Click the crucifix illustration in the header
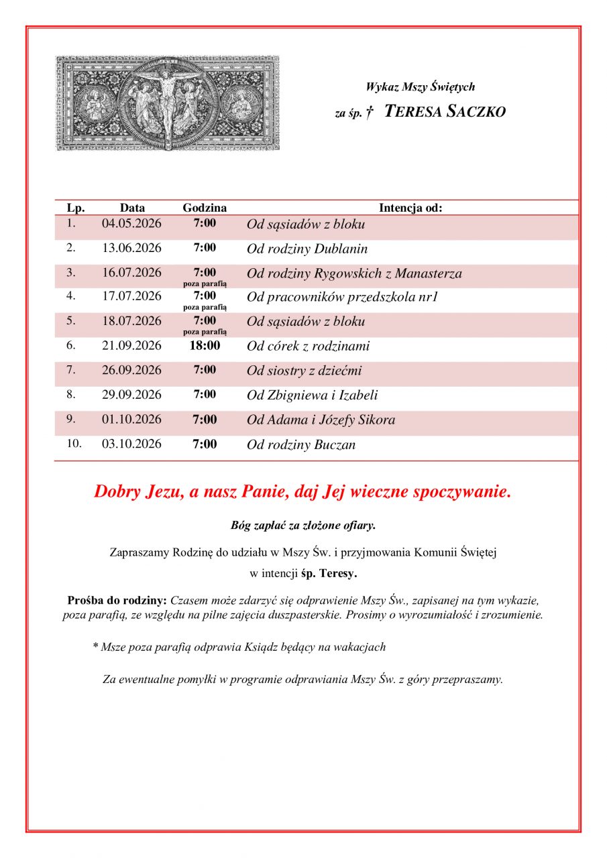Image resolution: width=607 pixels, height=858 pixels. click(x=166, y=103)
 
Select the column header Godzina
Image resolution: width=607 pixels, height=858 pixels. click(x=205, y=208)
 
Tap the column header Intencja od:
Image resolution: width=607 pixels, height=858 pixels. click(x=410, y=208)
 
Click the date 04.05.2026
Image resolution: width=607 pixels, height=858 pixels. click(x=131, y=224)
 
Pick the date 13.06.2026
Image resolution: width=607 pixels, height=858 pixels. click(x=131, y=248)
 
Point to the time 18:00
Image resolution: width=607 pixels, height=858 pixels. click(x=205, y=346)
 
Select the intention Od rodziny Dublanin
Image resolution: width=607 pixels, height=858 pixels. click(x=307, y=249)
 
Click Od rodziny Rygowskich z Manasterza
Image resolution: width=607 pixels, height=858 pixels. click(x=354, y=273)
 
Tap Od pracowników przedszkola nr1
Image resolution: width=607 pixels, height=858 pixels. click(x=342, y=297)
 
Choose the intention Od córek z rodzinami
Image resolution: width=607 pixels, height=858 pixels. click(x=308, y=347)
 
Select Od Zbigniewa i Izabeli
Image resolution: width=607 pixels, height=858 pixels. click(x=312, y=395)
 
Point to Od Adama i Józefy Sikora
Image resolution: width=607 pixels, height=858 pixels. click(x=321, y=420)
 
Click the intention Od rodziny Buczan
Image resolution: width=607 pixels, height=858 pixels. click(x=301, y=445)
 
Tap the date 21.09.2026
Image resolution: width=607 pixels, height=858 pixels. click(x=131, y=346)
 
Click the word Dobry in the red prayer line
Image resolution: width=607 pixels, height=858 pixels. click(x=117, y=491)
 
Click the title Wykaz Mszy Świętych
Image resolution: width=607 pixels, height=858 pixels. click(x=421, y=86)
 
